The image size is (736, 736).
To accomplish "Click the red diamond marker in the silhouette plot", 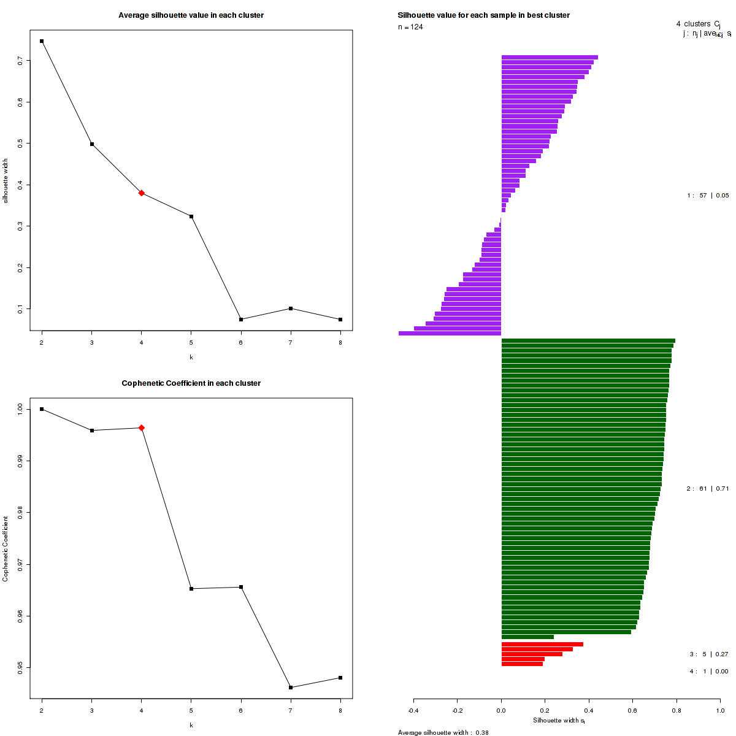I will (142, 193).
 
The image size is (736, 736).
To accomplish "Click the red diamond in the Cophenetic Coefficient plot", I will (142, 427).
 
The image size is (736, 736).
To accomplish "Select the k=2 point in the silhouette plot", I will (42, 41).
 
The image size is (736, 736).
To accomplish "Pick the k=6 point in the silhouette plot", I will (241, 320).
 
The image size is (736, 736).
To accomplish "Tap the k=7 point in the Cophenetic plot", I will (291, 688).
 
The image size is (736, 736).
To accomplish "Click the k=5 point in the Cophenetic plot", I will (191, 589).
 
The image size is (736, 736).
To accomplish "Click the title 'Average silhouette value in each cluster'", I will (191, 15).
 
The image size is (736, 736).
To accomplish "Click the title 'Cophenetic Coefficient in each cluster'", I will (191, 383).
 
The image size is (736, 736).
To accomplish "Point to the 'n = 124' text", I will (410, 27).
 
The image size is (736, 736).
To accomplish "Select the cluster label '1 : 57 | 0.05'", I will (708, 196).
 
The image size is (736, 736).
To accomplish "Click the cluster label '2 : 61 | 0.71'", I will (708, 489).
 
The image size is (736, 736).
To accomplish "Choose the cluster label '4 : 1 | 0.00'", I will (708, 672).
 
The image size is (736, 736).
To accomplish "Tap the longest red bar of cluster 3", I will (542, 644).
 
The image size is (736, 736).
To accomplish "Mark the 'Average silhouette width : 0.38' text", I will (443, 732).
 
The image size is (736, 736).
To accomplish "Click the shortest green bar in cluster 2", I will (527, 637).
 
